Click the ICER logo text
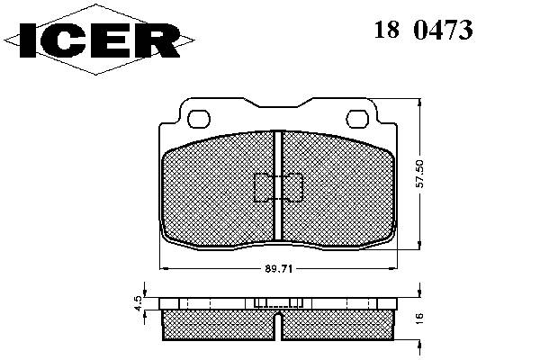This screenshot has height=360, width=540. pos(100,40)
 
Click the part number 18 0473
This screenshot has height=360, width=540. pos(423,30)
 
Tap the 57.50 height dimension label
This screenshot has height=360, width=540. pos(419,174)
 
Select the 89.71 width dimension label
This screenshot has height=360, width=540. pos(279,269)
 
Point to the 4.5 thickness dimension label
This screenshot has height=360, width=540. pos(138,303)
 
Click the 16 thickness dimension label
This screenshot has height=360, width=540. pos(419,318)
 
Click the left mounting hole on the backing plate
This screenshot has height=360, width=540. pos(199,119)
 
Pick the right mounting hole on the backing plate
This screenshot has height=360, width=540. pos(357,119)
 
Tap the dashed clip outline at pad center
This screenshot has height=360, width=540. pos(278,187)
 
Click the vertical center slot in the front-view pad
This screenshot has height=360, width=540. pos(278,185)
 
